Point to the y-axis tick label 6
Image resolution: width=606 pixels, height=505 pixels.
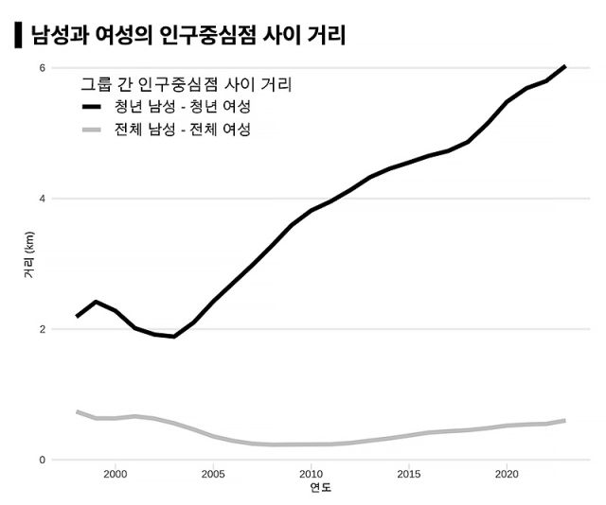tap(42, 67)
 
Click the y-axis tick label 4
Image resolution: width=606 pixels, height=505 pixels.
tap(42, 199)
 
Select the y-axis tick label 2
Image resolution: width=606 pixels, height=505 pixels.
tap(42, 329)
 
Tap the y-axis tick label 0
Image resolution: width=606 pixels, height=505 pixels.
tap(42, 460)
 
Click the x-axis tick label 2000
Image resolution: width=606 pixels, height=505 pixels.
tap(116, 474)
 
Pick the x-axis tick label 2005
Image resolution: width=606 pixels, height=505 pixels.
tap(213, 474)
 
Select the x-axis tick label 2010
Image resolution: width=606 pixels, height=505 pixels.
tap(311, 474)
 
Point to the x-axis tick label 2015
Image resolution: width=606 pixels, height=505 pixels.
tap(409, 474)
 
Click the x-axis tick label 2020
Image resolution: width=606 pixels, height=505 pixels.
tap(507, 474)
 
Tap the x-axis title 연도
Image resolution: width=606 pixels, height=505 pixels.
tap(321, 489)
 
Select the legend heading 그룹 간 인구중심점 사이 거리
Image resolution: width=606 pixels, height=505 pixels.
tap(186, 85)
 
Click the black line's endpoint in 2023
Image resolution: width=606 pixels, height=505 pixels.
tap(565, 66)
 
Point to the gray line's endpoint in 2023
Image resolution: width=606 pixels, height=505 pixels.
tap(565, 420)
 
